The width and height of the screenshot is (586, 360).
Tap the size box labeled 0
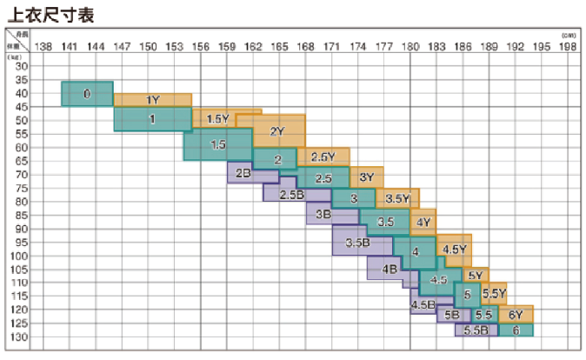coord(87,93)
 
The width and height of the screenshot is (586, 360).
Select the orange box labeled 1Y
coord(153,100)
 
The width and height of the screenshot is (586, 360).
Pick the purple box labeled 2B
coord(243,174)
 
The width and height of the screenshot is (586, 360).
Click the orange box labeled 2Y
coord(278,131)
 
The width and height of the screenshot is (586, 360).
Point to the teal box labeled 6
coord(516,330)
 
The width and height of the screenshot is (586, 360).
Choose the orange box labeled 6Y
coord(516,314)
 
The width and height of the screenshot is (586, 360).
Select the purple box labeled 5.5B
coord(476,330)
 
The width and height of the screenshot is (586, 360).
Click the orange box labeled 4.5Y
coord(455,249)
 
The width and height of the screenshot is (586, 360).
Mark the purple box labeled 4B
coord(390,270)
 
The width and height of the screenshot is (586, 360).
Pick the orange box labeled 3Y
coord(366,177)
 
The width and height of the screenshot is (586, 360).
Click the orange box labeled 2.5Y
coord(323,157)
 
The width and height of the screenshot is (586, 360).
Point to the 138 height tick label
coord(44,45)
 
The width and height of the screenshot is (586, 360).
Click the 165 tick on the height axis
coord(279,45)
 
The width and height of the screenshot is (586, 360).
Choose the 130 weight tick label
coord(21,337)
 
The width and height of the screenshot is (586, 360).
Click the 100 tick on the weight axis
coord(21,256)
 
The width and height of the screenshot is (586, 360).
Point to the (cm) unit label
coord(569,35)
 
